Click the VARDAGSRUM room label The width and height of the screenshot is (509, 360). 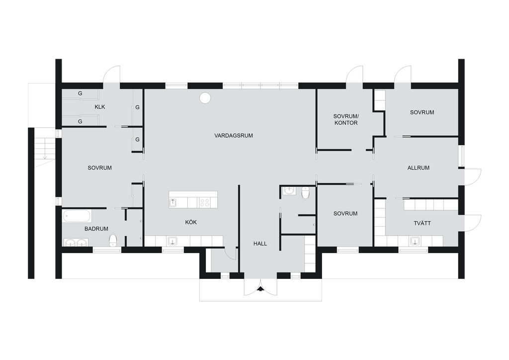coord(234,136)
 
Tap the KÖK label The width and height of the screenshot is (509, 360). coord(191,222)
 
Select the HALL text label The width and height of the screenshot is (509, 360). coord(260,244)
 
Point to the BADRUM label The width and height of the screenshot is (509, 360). coord(96,229)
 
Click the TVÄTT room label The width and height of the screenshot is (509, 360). coord(423,223)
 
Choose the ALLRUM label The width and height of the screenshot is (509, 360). coord(419,168)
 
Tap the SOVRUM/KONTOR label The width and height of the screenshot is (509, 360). coord(346,119)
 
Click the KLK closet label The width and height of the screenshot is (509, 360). coord(99,107)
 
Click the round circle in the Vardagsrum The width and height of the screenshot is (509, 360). coord(205,98)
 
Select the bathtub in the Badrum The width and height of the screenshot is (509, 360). coord(77,216)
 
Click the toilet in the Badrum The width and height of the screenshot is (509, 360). coord(113,240)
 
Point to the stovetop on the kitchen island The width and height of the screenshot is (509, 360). coord(205,203)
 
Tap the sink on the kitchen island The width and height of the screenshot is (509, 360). coord(173,203)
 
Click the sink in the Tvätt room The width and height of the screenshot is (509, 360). coord(415,241)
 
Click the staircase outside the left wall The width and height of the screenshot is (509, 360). coord(41,148)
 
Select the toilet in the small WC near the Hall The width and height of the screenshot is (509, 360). coord(306,193)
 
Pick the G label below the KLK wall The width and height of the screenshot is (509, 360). coord(80,121)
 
